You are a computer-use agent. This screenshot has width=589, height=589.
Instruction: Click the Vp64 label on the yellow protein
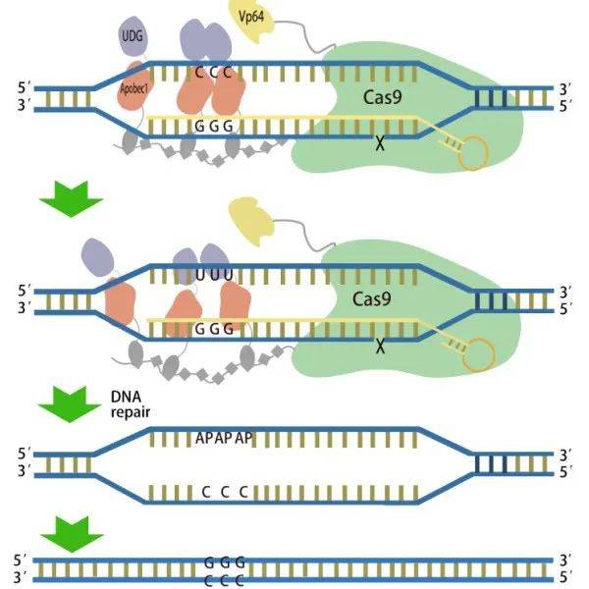[251, 17]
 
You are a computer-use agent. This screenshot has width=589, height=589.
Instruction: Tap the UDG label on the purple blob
[133, 36]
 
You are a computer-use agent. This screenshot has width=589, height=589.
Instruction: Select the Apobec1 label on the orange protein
[134, 89]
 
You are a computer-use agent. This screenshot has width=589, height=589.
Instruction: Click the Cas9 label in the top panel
[383, 97]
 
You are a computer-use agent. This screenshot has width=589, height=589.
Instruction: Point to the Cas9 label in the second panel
[372, 299]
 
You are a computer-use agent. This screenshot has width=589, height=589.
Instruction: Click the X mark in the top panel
[380, 143]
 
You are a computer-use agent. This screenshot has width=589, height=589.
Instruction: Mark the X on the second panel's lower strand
[380, 347]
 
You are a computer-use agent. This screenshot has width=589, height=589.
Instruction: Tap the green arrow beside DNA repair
[70, 404]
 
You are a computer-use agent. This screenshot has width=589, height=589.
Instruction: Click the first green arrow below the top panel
[72, 199]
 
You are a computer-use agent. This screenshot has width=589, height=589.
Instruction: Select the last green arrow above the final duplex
[72, 534]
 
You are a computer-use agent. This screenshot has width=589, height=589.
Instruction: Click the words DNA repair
[130, 404]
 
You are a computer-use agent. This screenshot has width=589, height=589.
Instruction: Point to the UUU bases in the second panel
[214, 275]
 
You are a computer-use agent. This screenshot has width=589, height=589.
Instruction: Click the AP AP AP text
[224, 438]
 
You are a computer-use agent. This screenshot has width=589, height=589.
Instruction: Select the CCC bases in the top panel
[213, 72]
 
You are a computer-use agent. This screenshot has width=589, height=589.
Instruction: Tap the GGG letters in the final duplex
[225, 562]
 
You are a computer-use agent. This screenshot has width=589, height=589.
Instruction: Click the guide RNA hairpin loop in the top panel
[473, 153]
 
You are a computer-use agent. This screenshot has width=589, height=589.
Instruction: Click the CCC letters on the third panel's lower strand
[225, 492]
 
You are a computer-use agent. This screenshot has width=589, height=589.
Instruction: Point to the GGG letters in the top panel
[214, 127]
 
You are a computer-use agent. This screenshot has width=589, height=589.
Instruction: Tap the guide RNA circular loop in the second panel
[479, 354]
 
